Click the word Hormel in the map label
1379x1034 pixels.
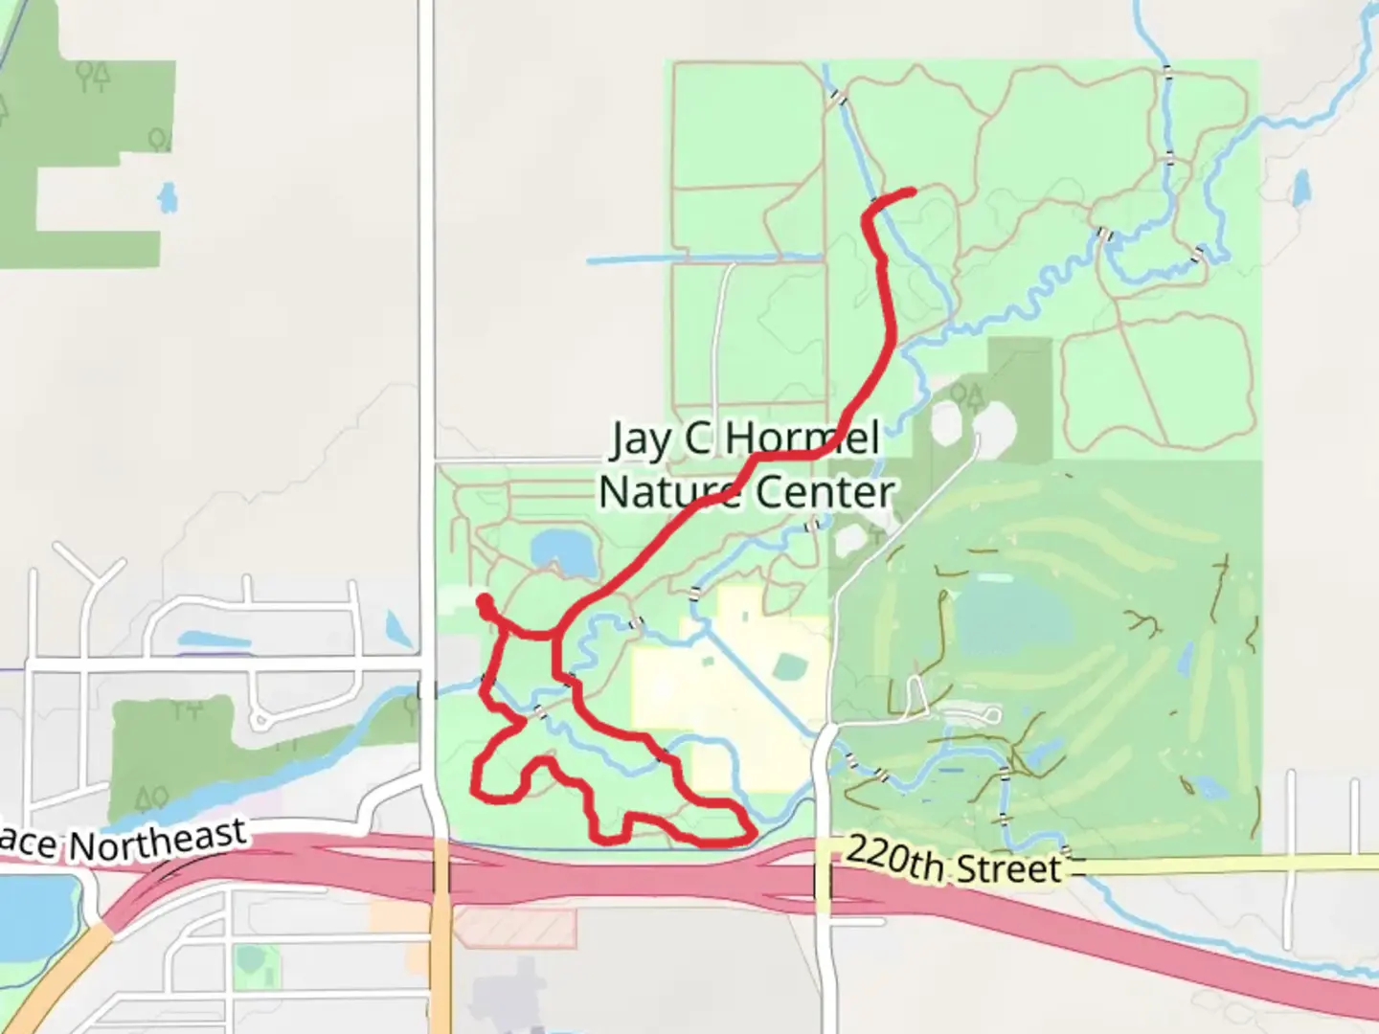tap(802, 439)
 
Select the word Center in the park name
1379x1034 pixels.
tap(825, 492)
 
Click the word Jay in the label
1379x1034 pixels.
tap(641, 439)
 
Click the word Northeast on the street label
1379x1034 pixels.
tap(158, 840)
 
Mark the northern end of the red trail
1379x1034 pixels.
tap(911, 192)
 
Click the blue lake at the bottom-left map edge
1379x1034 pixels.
tap(34, 910)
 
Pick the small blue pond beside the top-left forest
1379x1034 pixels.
tap(168, 197)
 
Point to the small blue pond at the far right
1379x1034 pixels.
tap(1301, 189)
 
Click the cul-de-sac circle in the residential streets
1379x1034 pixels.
tap(260, 718)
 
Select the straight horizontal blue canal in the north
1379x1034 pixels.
tap(704, 258)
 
